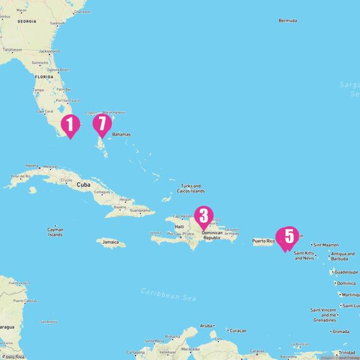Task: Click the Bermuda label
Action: pos(287,21)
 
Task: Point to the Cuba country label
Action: pos(83,184)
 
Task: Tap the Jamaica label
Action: pos(110,242)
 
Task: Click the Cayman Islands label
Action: pos(55,232)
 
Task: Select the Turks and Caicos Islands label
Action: pos(192,188)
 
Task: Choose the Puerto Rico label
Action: pos(263,241)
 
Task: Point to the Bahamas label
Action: pos(121,134)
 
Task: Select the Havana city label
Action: pos(31,166)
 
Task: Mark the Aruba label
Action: pos(207,326)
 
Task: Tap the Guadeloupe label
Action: pos(345,272)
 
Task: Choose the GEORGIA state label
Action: pos(26,21)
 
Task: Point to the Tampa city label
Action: pos(38,90)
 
